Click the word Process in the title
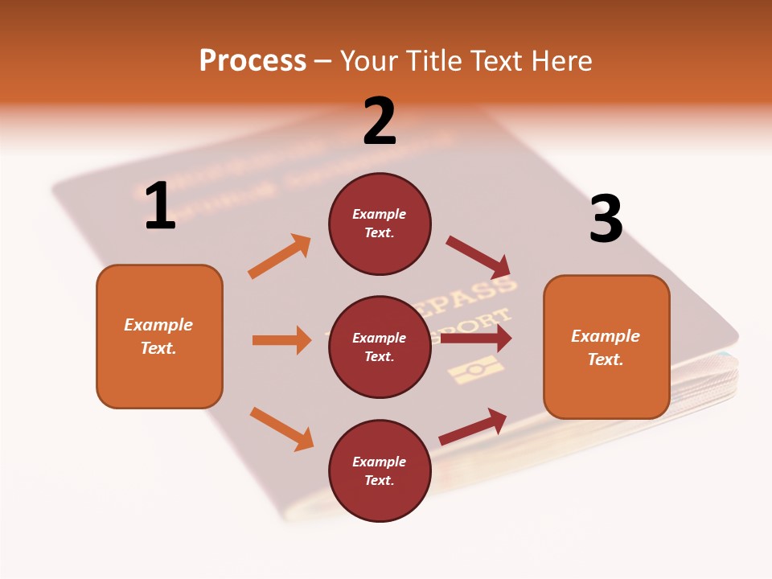(253, 60)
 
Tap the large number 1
(160, 207)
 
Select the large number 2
(380, 121)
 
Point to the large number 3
(606, 219)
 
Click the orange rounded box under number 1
(159, 336)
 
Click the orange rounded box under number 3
(606, 347)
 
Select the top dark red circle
(380, 224)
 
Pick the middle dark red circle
(380, 347)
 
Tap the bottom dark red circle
(380, 470)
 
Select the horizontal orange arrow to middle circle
(281, 340)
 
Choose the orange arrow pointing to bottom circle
(281, 429)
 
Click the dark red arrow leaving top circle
(478, 257)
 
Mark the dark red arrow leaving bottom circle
(473, 426)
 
